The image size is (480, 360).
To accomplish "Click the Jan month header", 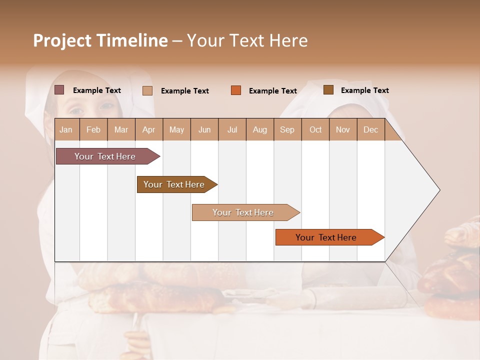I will point(66,130).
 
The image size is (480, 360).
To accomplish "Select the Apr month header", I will point(148,130).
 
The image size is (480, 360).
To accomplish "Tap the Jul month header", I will point(232,130).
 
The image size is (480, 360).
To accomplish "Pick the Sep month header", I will point(287,130).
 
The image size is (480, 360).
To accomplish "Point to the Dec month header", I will point(370,130).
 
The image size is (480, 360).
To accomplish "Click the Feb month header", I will point(93,130).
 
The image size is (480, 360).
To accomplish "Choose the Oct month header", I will point(315,130).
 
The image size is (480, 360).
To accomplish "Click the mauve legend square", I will point(59,90).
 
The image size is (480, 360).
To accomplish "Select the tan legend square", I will point(147,90).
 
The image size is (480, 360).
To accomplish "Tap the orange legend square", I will point(236,90).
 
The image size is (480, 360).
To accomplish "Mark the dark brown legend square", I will point(328,90).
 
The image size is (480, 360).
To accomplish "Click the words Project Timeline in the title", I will point(100,40).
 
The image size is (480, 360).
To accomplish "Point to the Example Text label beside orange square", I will point(273,91).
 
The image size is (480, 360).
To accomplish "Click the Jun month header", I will point(204,130).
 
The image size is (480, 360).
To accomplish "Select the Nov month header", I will point(343,130).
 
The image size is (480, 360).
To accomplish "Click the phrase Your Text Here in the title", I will point(247,40).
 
